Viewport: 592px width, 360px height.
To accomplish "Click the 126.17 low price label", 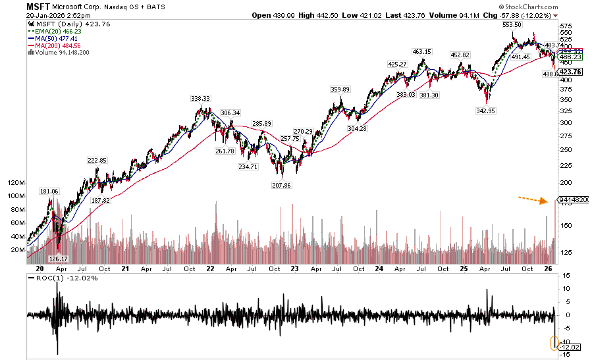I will click(60, 259).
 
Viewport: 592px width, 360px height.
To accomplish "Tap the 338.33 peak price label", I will click(200, 98).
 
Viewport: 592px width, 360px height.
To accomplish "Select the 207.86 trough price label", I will click(281, 186).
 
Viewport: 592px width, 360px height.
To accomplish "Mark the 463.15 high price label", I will click(421, 51).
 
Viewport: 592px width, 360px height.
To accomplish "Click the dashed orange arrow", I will click(533, 199).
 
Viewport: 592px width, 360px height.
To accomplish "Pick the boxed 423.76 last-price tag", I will click(570, 72).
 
